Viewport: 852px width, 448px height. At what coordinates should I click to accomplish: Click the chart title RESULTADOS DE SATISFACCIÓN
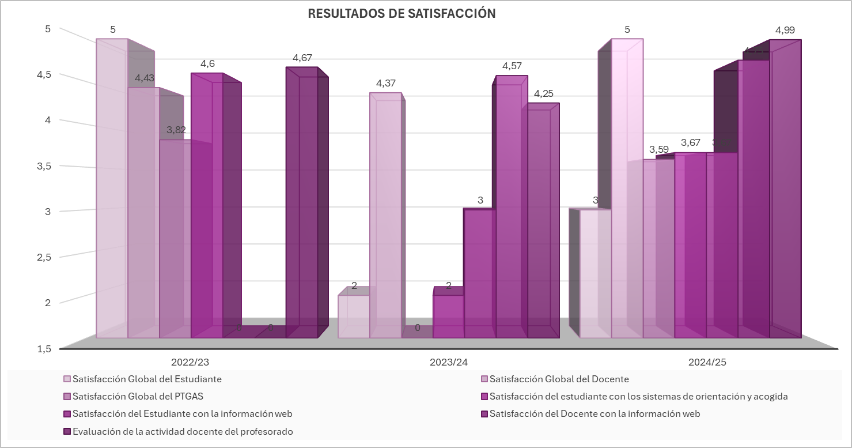click(402, 14)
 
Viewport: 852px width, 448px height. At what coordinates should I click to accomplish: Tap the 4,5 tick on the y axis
click(44, 74)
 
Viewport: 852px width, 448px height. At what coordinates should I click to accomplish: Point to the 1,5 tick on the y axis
click(44, 348)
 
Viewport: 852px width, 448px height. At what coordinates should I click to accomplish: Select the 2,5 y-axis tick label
click(44, 257)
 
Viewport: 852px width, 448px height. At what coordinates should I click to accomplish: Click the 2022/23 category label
click(190, 363)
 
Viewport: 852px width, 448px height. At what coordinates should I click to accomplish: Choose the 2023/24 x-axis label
click(449, 363)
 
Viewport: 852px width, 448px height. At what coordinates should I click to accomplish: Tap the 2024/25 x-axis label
click(707, 363)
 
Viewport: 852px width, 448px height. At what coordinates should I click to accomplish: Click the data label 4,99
click(789, 30)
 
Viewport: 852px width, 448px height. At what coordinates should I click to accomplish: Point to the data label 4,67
click(302, 58)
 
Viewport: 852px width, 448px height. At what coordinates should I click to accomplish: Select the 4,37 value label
click(386, 84)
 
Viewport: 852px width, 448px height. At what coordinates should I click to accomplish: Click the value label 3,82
click(176, 130)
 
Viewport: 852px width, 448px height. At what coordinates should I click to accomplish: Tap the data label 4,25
click(543, 93)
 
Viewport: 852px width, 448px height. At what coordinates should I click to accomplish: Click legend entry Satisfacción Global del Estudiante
click(147, 379)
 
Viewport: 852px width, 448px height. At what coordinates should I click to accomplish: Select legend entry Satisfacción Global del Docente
click(559, 379)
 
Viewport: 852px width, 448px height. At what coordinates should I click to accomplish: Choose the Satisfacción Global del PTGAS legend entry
click(138, 397)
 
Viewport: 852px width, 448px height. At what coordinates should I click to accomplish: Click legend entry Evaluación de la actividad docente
click(183, 431)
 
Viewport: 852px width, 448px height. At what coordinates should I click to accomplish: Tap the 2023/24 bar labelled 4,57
click(510, 208)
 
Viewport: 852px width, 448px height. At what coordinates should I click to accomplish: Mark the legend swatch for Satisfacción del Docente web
click(484, 414)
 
